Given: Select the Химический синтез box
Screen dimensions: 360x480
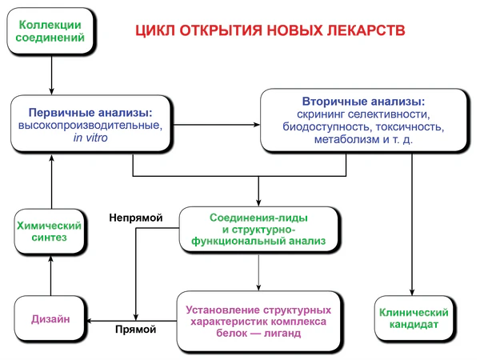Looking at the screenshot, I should pyautogui.click(x=50, y=232).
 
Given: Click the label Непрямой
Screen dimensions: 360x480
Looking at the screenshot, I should pyautogui.click(x=136, y=217).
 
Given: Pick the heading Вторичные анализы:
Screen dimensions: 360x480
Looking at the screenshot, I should pyautogui.click(x=363, y=103).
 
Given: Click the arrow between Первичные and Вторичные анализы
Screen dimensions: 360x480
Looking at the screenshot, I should pyautogui.click(x=216, y=124).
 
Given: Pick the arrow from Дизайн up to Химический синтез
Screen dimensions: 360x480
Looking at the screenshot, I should pyautogui.click(x=50, y=276).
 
